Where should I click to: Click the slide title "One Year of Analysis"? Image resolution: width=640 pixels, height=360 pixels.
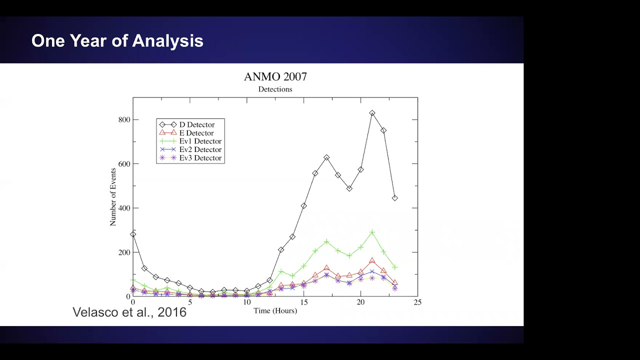(x=117, y=41)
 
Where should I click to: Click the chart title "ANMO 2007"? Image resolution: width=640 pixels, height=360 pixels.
(x=275, y=77)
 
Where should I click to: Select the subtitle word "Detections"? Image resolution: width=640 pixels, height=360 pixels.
(x=275, y=89)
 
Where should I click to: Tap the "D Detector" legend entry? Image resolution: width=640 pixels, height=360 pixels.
(x=187, y=124)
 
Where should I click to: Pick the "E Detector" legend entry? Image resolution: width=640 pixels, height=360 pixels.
(x=186, y=133)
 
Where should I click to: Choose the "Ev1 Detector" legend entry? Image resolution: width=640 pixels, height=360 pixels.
(x=190, y=141)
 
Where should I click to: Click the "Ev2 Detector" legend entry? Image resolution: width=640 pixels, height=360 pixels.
(x=190, y=149)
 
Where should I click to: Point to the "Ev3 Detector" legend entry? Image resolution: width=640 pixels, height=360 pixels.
(x=190, y=158)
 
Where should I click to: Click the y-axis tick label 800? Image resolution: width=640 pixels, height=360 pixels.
(x=124, y=119)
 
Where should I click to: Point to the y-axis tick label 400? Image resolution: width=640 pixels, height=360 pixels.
(x=124, y=208)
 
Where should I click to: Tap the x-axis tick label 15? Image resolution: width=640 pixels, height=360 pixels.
(x=303, y=302)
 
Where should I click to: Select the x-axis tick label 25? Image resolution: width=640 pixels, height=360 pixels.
(x=417, y=302)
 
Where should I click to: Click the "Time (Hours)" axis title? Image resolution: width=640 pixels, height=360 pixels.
(x=275, y=311)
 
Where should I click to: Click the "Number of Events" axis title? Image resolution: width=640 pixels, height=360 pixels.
(x=113, y=197)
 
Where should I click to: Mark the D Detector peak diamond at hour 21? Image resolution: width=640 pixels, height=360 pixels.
(x=372, y=113)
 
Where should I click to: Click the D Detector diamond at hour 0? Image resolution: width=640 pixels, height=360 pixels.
(x=133, y=234)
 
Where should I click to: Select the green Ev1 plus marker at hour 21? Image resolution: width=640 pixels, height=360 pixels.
(x=372, y=232)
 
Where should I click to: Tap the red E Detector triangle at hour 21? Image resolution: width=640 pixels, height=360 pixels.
(x=372, y=260)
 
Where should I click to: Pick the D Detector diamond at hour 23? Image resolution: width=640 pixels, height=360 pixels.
(x=395, y=198)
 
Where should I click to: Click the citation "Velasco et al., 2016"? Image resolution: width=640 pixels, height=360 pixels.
(x=129, y=312)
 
